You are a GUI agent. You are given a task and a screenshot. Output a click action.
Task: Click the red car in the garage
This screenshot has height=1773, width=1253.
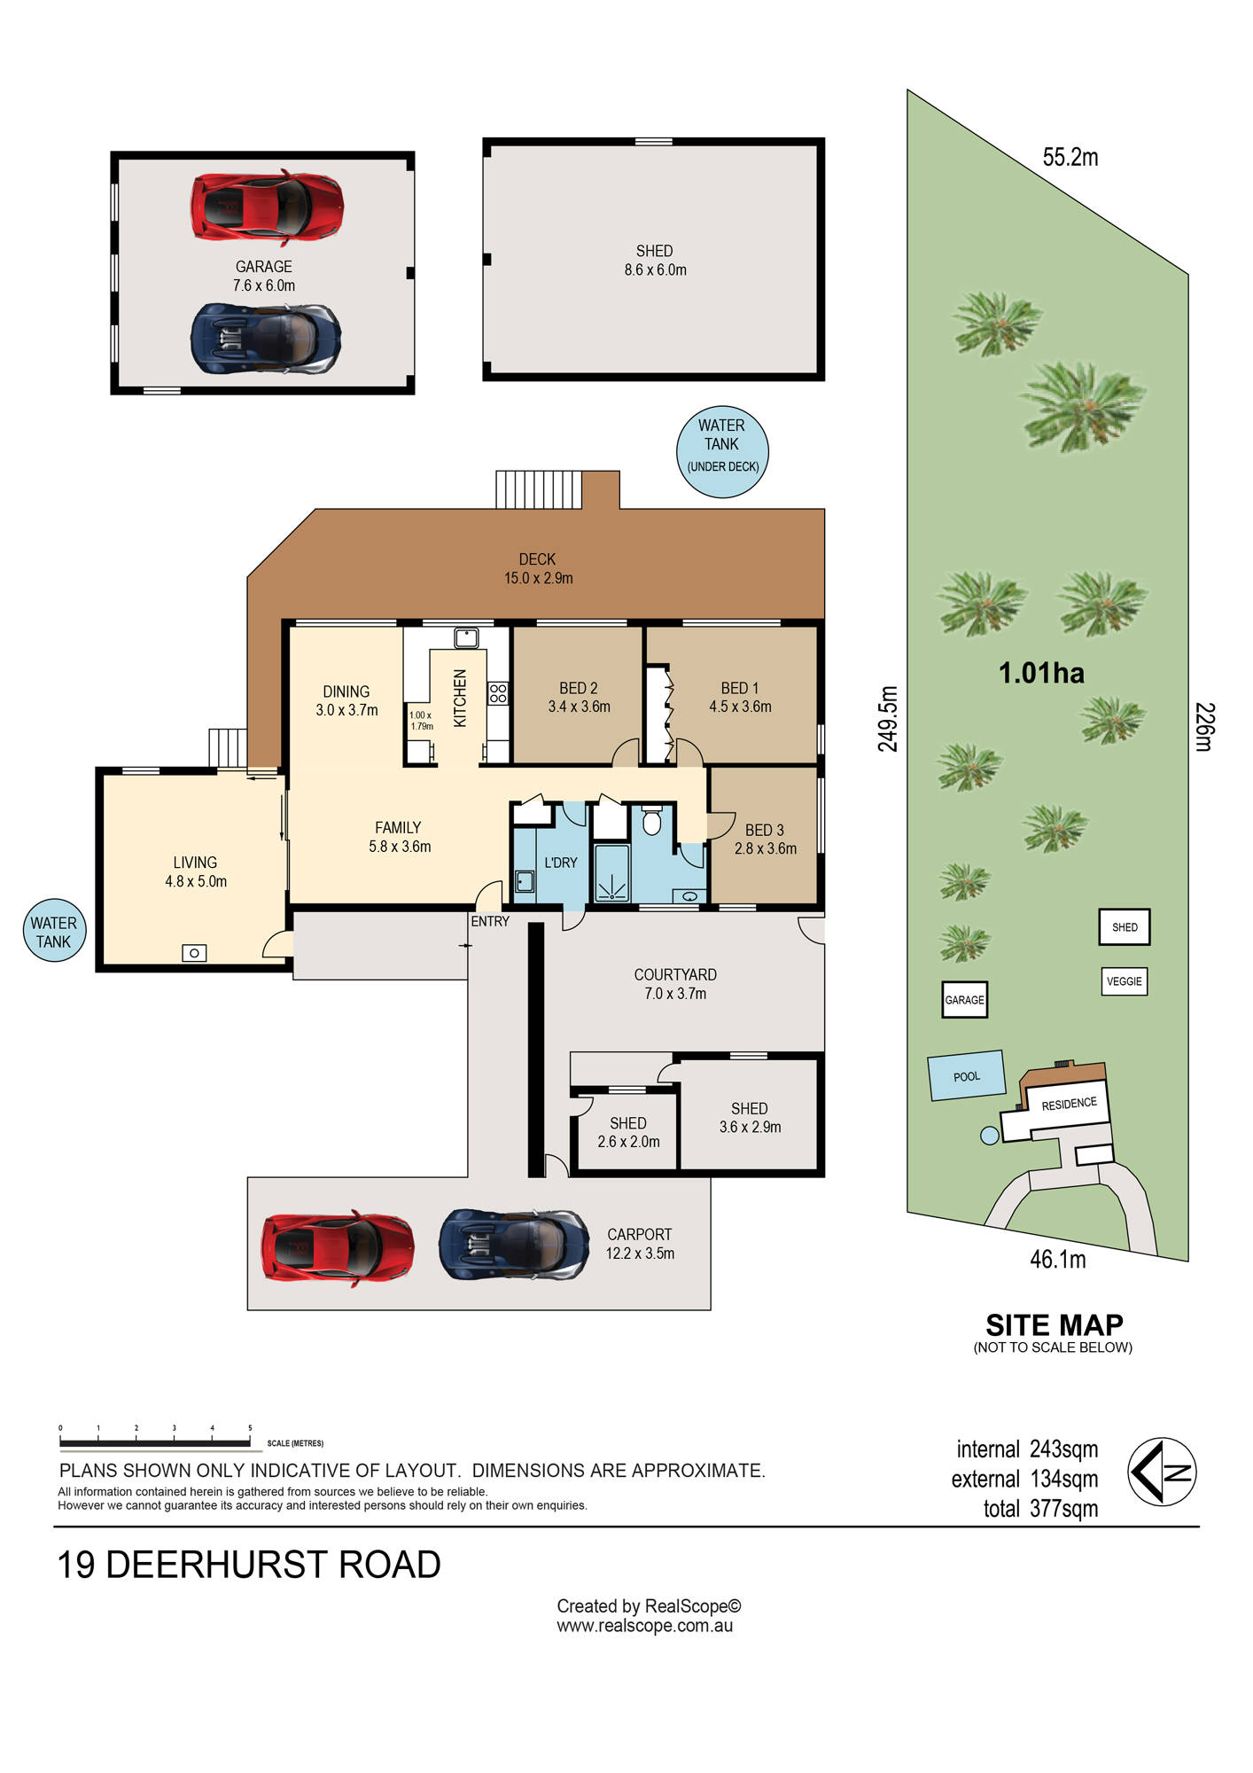coord(267,207)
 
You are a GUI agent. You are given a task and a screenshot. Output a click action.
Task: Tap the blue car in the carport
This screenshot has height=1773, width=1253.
coord(514,1245)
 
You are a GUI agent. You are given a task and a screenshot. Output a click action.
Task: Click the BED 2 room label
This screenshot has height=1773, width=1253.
coord(579,698)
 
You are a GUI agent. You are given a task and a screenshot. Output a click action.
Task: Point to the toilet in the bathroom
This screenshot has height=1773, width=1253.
coord(651,820)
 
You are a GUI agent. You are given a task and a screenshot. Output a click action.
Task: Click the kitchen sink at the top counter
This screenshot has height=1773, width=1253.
coord(466,637)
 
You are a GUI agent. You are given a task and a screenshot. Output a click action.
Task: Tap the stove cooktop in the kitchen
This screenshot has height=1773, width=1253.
coord(498,693)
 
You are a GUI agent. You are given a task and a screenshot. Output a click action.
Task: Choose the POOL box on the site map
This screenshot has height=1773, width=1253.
coord(966,1075)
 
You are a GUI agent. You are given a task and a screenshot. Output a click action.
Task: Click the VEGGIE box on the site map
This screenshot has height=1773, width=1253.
coord(1125,981)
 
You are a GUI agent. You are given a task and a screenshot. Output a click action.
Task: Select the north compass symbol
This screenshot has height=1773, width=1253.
coord(1162,1472)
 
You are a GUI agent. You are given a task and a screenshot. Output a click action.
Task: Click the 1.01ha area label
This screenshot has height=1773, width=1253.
coord(1041,673)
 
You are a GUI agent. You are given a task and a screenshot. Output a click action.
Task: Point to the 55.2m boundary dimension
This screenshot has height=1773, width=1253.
coord(1070,157)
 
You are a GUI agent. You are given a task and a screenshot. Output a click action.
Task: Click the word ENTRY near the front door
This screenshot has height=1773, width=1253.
coord(490,921)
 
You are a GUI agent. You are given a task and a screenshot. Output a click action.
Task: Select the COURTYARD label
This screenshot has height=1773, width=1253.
coord(675,974)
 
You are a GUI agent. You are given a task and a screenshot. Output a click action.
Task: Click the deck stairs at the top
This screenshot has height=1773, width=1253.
coord(539,488)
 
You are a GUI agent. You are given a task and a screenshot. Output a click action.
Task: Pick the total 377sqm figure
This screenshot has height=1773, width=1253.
coord(1040,1509)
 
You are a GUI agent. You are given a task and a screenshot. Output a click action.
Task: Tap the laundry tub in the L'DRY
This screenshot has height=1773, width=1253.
coord(524,881)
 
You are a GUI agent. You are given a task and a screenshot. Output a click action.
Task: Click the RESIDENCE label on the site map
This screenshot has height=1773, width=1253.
coord(1069,1104)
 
